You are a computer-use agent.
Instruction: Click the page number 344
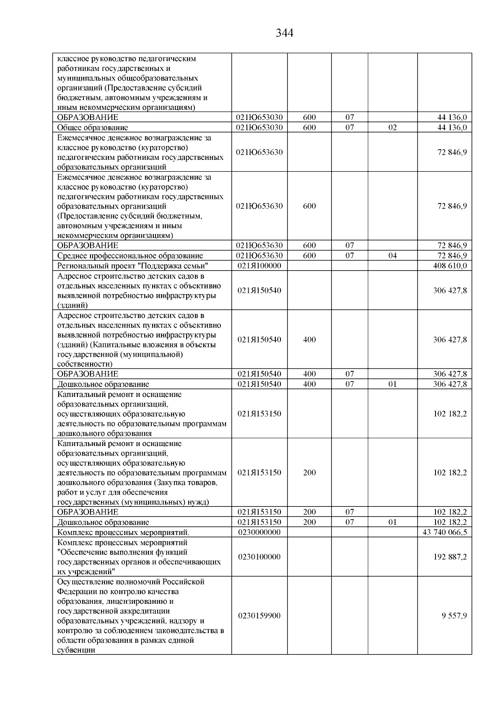pos(285,33)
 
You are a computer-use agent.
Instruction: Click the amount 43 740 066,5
pos(446,532)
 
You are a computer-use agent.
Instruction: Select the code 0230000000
pos(259,532)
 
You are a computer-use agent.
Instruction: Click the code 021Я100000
pos(259,266)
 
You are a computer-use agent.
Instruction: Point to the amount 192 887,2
pos(450,557)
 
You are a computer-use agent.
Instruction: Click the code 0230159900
pos(259,616)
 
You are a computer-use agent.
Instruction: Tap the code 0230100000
pos(259,557)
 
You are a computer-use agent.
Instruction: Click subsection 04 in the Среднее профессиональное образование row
pos(392,256)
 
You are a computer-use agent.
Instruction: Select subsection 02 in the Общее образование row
pos(392,128)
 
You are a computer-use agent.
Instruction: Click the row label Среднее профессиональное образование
pos(130,256)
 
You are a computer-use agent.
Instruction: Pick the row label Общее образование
pos(93,128)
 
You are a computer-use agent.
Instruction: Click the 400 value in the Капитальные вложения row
pos(309,339)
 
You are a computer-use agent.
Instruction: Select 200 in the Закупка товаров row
pos(309,472)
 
